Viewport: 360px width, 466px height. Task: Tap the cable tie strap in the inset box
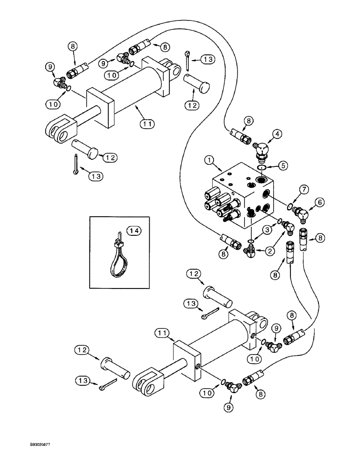120,261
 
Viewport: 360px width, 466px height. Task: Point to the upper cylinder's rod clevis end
60,129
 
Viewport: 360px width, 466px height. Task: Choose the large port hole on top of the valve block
260,178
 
